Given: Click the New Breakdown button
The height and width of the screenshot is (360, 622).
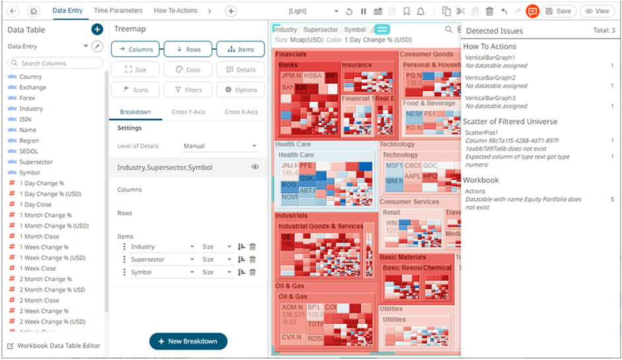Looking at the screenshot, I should coord(188,341).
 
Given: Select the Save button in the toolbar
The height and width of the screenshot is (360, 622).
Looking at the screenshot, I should coord(558,11).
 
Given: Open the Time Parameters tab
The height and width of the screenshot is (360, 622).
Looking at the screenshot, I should coord(118,11).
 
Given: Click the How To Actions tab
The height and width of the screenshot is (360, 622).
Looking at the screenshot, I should coord(176,11).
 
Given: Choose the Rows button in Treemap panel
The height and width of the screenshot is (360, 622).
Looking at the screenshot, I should coord(188,50).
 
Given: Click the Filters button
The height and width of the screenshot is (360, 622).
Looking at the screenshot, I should coord(188,90).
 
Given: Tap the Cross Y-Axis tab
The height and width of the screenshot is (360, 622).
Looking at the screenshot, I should coord(188,112).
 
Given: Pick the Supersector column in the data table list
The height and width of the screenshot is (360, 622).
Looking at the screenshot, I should coord(36,162).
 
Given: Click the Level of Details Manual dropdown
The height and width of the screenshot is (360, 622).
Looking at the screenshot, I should coord(220,146).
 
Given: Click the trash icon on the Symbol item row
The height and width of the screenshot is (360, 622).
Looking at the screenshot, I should coord(252,272).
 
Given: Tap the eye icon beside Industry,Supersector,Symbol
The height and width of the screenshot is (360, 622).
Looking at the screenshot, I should coord(255,167).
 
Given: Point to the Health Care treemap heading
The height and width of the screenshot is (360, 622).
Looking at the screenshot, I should coord(293,144).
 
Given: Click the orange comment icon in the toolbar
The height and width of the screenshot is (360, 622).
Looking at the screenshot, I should coord(533,11).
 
